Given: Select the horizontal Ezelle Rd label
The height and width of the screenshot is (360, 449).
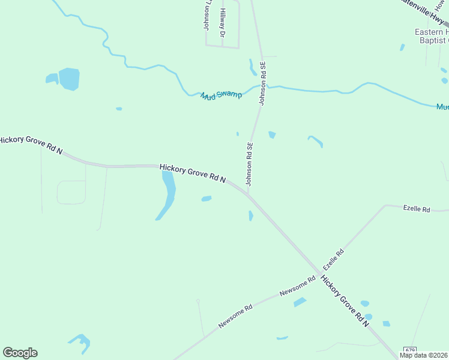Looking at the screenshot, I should click(417, 209).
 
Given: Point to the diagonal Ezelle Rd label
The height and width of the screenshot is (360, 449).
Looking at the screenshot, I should click(333, 259).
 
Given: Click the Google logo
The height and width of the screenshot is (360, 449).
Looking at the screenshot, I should click(20, 353).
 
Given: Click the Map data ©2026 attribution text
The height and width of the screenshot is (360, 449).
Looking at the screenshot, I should click(424, 355).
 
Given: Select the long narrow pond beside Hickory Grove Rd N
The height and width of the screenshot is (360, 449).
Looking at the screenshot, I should click(167, 194).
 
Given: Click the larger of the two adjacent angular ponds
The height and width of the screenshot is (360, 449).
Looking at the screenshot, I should click(69, 79).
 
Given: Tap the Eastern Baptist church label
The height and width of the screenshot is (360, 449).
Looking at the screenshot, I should click(432, 36).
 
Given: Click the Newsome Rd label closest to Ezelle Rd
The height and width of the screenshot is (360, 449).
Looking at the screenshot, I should click(298, 287).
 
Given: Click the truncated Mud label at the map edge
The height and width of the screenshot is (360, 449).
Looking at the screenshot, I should click(442, 107).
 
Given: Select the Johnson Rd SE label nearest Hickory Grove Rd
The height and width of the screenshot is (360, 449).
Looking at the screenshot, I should click(249, 164).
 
